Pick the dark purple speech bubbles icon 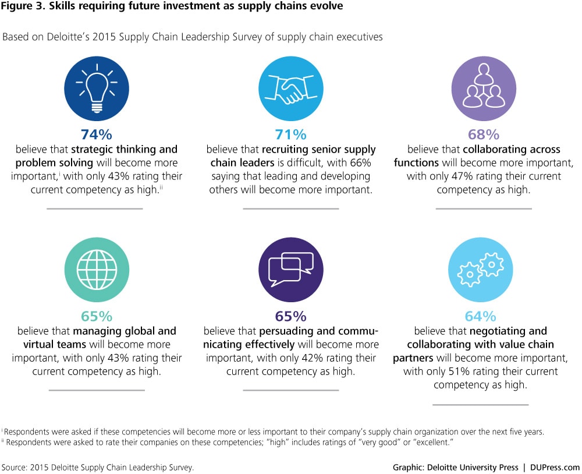tap(290, 267)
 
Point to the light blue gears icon tap(480, 267)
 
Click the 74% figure tap(96, 135)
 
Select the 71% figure tap(290, 135)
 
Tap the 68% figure tap(484, 135)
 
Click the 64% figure tap(480, 317)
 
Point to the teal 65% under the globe tap(96, 317)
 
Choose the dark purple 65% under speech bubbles tap(290, 317)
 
